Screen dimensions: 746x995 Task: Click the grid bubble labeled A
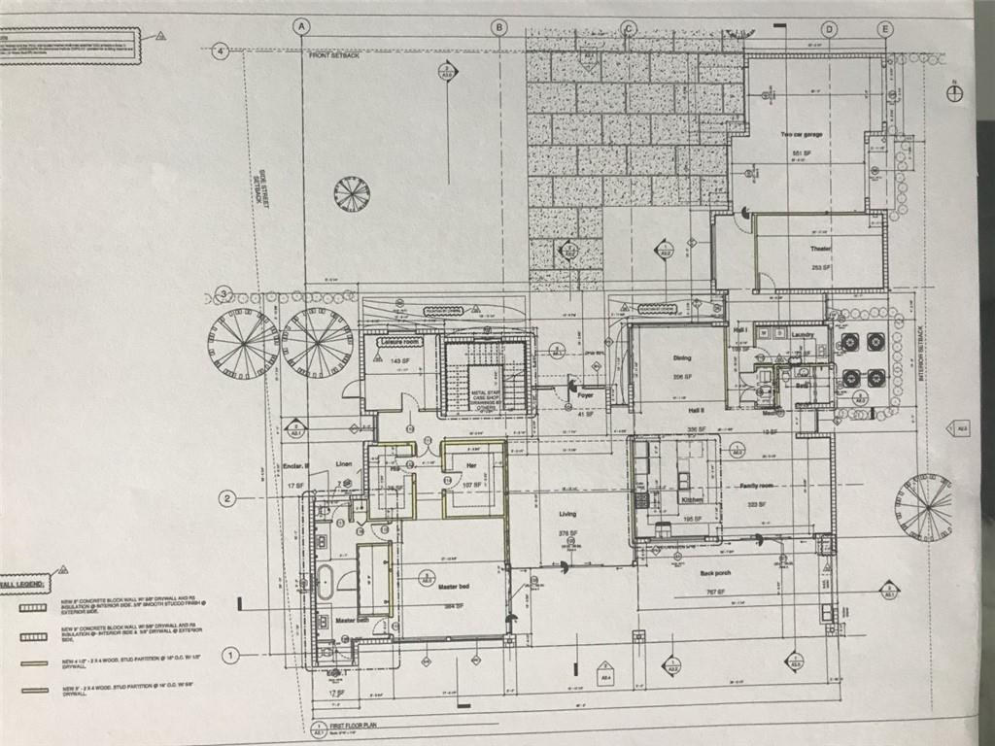point(302,27)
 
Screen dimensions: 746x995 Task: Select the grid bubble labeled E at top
point(885,29)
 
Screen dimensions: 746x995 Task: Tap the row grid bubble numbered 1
point(230,655)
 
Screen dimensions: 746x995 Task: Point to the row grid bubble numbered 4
point(222,51)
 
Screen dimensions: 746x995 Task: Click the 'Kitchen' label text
point(692,499)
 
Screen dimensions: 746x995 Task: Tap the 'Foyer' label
point(585,395)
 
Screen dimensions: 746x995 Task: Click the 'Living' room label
point(568,515)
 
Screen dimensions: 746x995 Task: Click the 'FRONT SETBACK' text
point(332,56)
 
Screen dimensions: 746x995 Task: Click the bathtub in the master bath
point(325,582)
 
